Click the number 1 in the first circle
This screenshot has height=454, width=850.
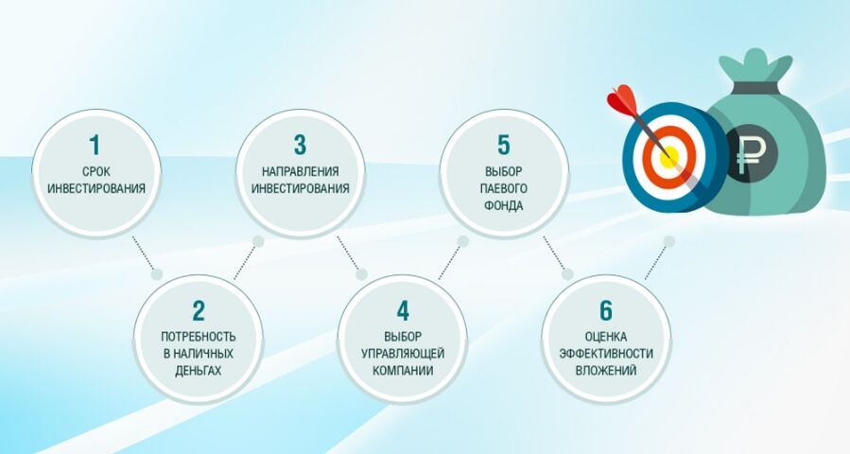click(x=95, y=145)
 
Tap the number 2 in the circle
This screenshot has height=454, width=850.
click(x=199, y=311)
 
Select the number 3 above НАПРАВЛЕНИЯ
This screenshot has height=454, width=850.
click(x=300, y=145)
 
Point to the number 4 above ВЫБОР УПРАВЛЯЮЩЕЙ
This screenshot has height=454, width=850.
click(x=402, y=311)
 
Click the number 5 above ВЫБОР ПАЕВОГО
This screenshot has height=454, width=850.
click(x=504, y=145)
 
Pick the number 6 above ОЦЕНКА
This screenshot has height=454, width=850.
click(x=605, y=311)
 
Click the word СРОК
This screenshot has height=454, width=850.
click(x=96, y=171)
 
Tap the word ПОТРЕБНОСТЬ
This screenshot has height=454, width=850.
click(x=199, y=337)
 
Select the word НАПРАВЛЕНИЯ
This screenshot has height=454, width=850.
click(x=301, y=171)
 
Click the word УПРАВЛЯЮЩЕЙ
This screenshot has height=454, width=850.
click(x=403, y=354)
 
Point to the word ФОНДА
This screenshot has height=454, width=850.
click(x=504, y=205)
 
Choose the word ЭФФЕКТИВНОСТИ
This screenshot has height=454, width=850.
click(x=606, y=354)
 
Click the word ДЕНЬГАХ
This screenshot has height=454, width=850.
click(x=199, y=371)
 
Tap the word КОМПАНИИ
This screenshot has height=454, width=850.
click(x=403, y=371)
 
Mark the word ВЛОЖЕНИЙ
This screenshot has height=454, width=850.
click(x=606, y=371)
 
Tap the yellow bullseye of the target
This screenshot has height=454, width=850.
click(x=669, y=157)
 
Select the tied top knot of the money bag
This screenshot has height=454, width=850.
click(x=755, y=64)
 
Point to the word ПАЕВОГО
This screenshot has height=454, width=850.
click(x=504, y=189)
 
